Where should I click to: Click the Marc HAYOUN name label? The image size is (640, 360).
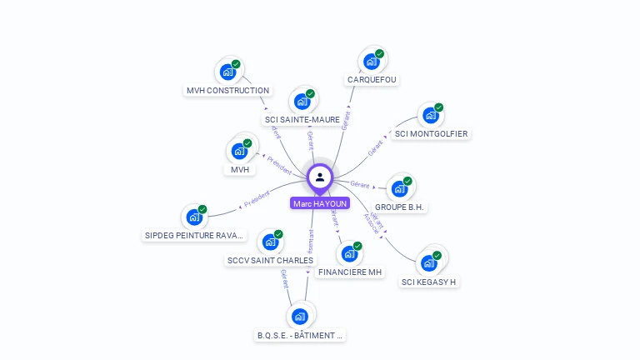[320, 203]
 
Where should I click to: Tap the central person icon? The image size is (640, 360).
[320, 177]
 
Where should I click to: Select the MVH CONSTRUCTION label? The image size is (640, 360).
[227, 90]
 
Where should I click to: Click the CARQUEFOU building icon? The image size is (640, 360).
[370, 62]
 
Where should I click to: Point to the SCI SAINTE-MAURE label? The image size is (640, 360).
[302, 120]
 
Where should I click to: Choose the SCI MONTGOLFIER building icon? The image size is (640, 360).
[429, 115]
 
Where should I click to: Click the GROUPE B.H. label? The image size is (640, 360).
[400, 207]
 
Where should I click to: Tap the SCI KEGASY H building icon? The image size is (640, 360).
[428, 262]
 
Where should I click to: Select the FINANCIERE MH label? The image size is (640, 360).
[350, 272]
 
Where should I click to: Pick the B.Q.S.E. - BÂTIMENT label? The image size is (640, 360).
[300, 335]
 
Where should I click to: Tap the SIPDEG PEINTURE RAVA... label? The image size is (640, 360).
[195, 235]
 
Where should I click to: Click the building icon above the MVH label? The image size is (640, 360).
[239, 152]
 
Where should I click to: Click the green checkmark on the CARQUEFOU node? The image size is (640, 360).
[379, 54]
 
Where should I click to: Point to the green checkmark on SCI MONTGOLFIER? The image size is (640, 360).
[438, 107]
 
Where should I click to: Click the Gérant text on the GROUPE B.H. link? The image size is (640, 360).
[360, 183]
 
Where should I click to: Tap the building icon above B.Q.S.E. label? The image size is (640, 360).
[300, 316]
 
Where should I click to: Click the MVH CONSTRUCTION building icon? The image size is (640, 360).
[227, 72]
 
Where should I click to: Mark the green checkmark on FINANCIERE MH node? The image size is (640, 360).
[357, 246]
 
